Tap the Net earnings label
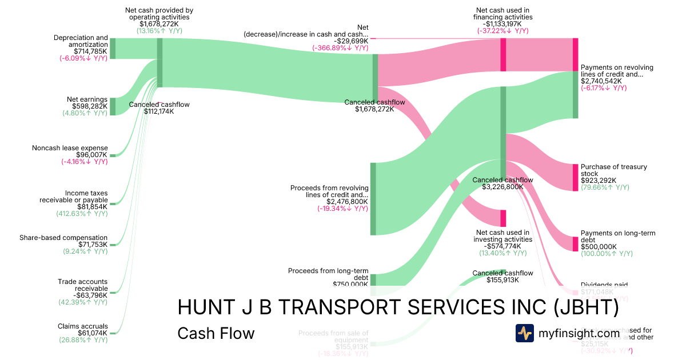[87, 99]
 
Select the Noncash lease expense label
[70, 148]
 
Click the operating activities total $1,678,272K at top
[159, 25]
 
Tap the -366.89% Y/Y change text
[340, 48]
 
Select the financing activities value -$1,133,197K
[503, 24]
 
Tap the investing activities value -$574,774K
[502, 246]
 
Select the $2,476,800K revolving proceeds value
[347, 202]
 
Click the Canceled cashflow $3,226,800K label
[502, 183]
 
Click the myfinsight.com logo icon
[525, 333]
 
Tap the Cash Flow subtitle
[216, 333]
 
